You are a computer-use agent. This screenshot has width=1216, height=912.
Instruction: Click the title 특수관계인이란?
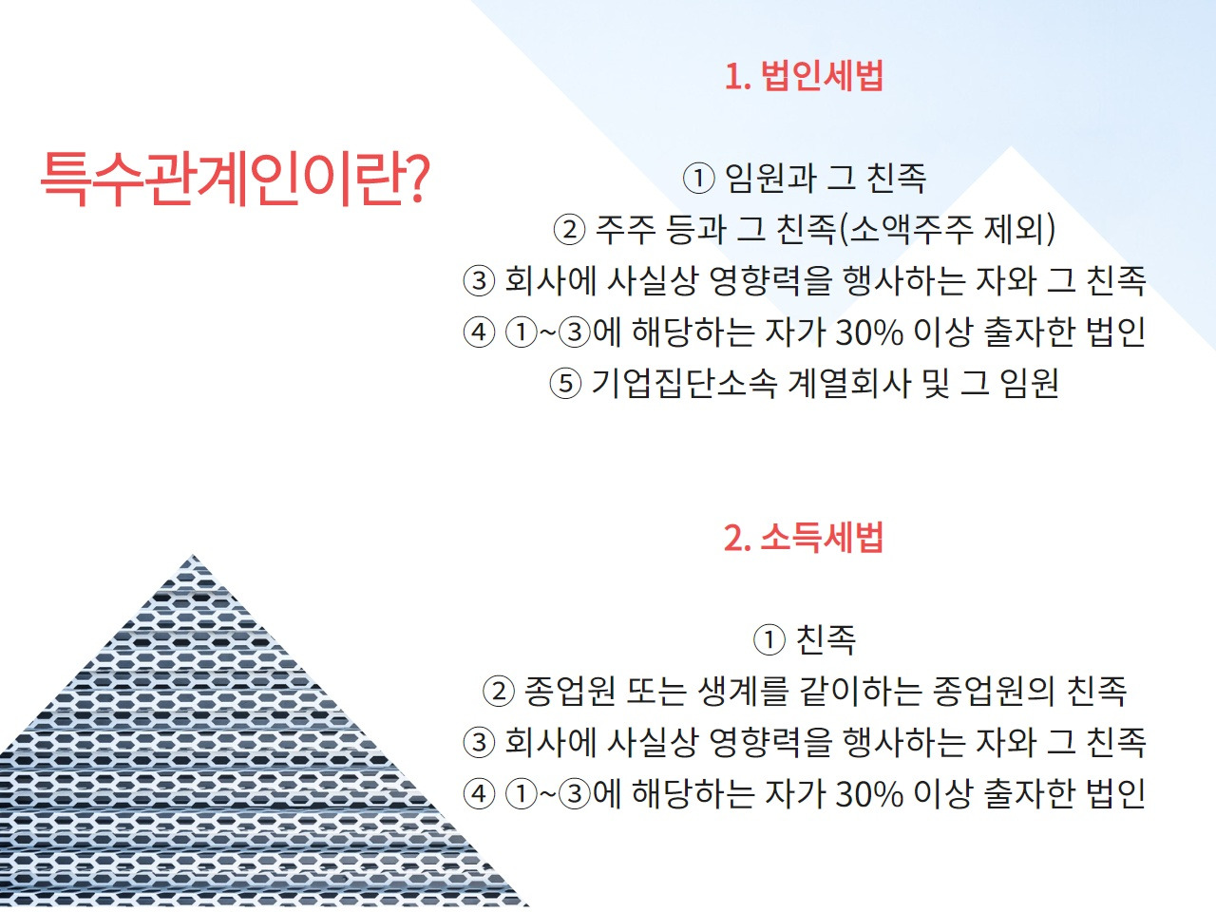(x=235, y=178)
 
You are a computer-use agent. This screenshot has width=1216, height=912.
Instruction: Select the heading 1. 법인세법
(x=804, y=76)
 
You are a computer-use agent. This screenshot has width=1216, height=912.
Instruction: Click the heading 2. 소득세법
(x=804, y=538)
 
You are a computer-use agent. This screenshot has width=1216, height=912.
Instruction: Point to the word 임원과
(x=770, y=178)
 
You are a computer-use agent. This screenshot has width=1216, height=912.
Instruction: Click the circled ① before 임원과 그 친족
(x=698, y=178)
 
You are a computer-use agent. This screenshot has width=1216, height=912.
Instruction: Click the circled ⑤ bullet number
(x=565, y=383)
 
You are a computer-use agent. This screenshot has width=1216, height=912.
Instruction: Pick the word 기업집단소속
(x=684, y=383)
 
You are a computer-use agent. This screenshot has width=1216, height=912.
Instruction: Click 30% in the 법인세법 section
(x=869, y=332)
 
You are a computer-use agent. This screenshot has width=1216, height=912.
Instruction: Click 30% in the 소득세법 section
(x=869, y=793)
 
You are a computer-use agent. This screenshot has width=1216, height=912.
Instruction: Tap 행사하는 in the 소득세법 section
(x=903, y=742)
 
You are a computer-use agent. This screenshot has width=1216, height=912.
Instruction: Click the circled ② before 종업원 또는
(x=498, y=691)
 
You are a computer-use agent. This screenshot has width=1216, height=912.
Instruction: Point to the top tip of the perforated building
(x=194, y=557)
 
